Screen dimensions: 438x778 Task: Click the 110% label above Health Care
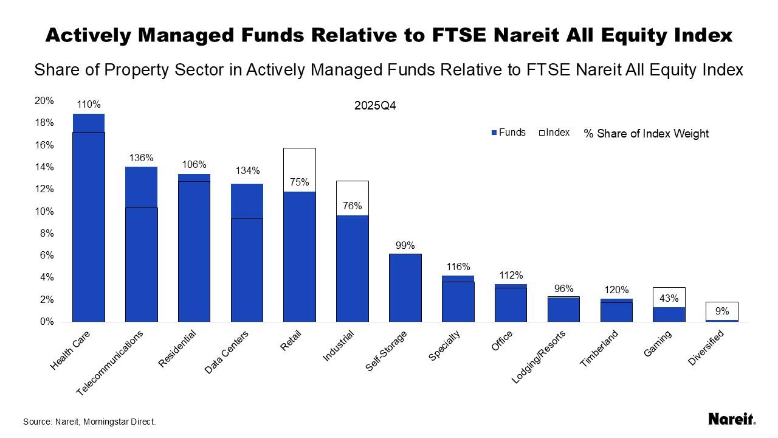tap(89, 105)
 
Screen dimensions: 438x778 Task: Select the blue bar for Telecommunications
tap(141, 243)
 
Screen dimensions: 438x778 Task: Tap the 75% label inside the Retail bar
tap(300, 182)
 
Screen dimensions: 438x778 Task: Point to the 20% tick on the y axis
tap(46, 101)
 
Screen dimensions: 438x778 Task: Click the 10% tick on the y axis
tap(46, 211)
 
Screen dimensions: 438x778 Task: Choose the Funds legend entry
tap(508, 133)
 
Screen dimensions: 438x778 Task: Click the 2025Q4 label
tap(376, 106)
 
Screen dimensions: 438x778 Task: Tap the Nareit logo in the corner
tap(732, 419)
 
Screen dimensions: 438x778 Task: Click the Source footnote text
tap(89, 421)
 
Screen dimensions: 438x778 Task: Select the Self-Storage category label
tap(387, 351)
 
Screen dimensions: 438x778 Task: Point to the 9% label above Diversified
tap(722, 311)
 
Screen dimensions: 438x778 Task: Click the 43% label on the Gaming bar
tap(669, 299)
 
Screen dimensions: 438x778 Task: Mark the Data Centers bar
tap(247, 252)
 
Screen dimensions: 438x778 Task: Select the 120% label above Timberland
tap(616, 290)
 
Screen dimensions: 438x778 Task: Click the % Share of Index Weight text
tap(646, 133)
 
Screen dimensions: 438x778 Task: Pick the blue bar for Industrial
tap(353, 268)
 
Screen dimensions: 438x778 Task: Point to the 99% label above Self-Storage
tap(405, 246)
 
